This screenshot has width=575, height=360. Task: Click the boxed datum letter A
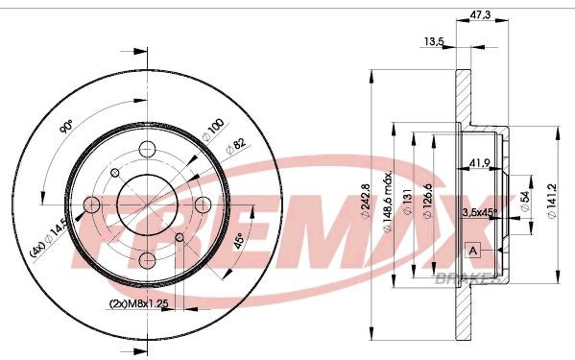pos(471,251)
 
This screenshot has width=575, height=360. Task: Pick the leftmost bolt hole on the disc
pos(92,205)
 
